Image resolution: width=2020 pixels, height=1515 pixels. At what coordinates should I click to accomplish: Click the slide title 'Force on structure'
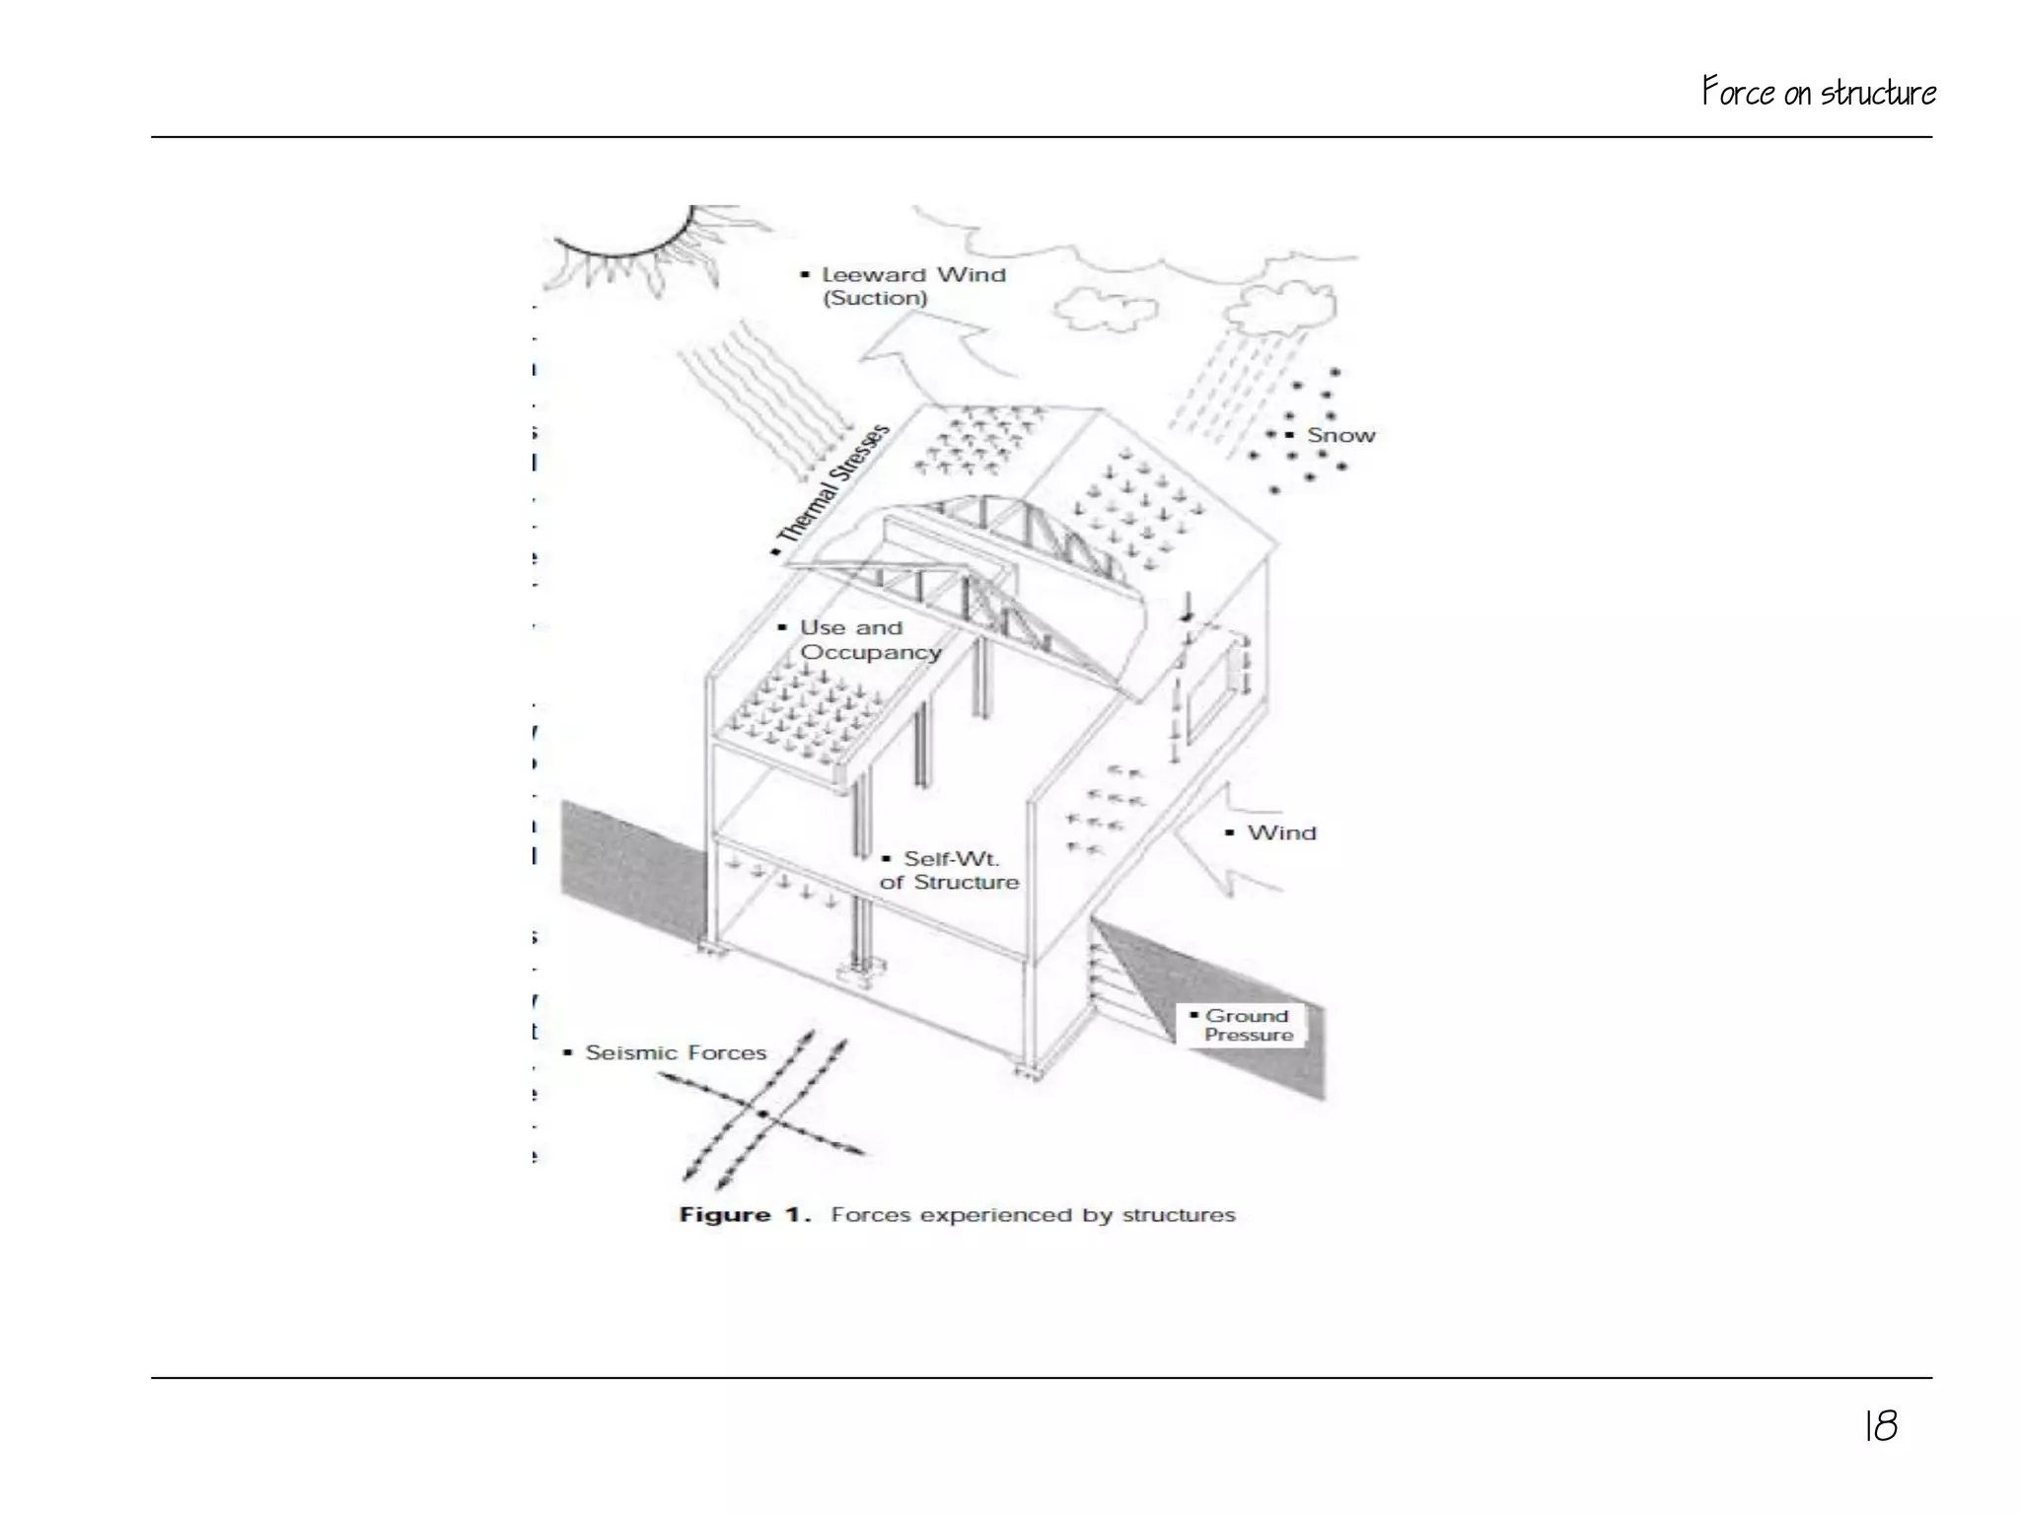[1818, 93]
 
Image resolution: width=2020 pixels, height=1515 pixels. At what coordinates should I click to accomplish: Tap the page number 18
[1880, 1426]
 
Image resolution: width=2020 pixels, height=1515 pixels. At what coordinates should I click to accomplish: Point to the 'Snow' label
[1340, 435]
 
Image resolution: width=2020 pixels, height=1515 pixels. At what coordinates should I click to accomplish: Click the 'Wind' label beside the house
[1281, 832]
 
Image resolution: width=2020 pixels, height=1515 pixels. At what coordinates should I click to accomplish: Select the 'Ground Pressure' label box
[1247, 1025]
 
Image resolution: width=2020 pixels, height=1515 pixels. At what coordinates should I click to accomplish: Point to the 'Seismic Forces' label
[675, 1052]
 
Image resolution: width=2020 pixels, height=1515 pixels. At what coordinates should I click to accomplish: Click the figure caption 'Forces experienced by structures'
[1032, 1215]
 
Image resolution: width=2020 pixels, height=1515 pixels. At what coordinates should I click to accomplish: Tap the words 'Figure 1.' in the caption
[744, 1215]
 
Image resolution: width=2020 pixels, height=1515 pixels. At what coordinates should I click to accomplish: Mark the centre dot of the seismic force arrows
[762, 1114]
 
